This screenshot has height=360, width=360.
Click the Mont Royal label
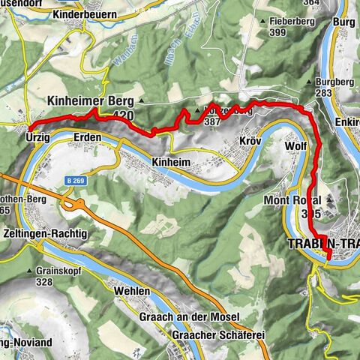point(302,201)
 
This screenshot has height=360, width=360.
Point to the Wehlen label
point(133,290)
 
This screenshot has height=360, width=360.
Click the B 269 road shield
point(73,181)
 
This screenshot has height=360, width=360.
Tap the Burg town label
point(343,22)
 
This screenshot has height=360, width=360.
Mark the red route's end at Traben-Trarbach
point(328,259)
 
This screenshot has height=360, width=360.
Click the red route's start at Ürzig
point(30,125)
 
